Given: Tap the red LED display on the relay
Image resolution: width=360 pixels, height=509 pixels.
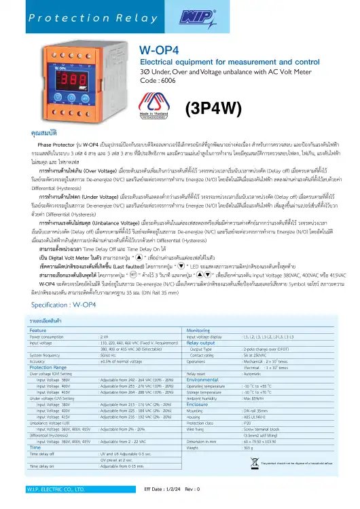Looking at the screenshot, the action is click(73, 76).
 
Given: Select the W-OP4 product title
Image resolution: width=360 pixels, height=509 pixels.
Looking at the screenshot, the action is click(158, 50).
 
